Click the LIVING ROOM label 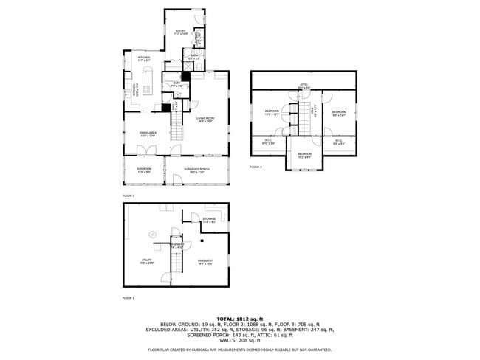[205, 120]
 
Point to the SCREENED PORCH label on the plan [197, 170]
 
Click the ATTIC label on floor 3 [303, 86]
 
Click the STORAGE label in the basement [209, 220]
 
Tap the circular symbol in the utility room [153, 234]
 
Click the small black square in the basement [202, 240]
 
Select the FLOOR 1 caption [128, 298]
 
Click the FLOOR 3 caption [256, 167]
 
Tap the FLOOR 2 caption [128, 195]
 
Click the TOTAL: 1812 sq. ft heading [240, 318]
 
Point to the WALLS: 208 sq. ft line [240, 340]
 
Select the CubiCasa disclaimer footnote [240, 350]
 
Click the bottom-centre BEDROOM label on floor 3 [304, 155]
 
